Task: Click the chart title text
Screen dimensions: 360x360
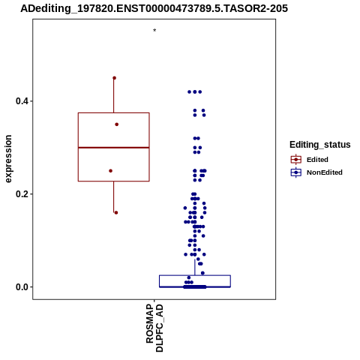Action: coord(154,8)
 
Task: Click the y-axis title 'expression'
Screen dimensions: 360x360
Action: coord(8,159)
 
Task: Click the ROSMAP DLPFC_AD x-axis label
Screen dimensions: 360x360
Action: coord(154,328)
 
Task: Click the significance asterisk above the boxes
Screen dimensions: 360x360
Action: coord(154,31)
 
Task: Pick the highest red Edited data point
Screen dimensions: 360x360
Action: coord(114,78)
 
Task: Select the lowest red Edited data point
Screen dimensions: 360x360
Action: coord(116,213)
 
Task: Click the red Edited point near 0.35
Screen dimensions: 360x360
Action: coord(117,124)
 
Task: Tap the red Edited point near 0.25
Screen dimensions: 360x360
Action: coord(111,171)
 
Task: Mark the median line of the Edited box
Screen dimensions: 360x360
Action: coord(114,148)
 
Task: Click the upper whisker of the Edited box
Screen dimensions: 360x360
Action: coord(114,95)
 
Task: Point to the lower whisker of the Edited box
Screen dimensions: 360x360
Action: coord(114,197)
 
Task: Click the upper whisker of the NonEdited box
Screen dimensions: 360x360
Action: coord(195,267)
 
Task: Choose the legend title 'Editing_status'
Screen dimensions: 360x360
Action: coord(320,145)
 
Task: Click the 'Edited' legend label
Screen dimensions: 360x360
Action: coord(317,160)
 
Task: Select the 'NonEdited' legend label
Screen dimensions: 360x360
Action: coord(325,172)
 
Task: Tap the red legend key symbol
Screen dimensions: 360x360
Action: coord(296,160)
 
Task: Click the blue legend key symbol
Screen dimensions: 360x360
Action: coord(296,172)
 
